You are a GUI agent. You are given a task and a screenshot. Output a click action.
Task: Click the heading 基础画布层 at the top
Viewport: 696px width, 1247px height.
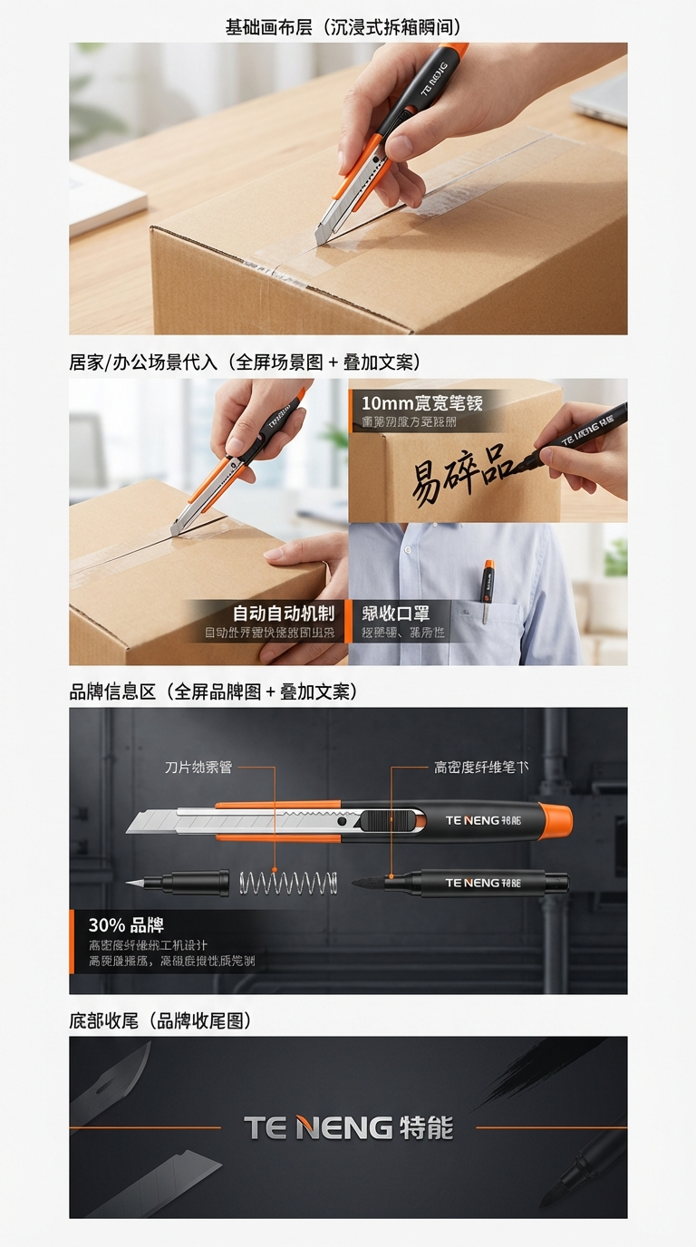click(349, 27)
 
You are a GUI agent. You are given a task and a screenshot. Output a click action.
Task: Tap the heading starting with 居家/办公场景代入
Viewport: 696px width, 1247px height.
click(245, 362)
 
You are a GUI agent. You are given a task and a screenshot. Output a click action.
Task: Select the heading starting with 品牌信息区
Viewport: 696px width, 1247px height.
click(214, 691)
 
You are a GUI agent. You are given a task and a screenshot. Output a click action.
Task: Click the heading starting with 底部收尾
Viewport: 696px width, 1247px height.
click(160, 1020)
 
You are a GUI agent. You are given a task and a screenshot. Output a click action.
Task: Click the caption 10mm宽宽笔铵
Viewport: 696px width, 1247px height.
click(422, 402)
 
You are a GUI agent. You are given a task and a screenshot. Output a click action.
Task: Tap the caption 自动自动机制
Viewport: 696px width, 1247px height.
click(284, 614)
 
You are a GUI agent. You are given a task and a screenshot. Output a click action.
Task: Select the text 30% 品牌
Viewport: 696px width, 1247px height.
click(126, 925)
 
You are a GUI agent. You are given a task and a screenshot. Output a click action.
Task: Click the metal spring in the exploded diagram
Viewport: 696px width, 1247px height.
click(288, 882)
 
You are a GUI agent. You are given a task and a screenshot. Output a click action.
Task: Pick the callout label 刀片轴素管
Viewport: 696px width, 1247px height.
click(198, 768)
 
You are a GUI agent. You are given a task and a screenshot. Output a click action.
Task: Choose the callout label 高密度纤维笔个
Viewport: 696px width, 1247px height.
click(481, 768)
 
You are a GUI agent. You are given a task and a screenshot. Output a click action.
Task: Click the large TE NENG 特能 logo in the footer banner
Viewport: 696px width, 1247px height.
click(348, 1128)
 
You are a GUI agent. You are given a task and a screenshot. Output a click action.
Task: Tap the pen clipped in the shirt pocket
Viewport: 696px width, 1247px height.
click(488, 589)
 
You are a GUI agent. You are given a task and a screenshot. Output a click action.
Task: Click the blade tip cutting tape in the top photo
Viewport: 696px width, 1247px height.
click(321, 237)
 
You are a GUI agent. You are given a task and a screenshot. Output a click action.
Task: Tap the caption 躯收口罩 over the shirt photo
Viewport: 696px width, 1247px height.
click(396, 614)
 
